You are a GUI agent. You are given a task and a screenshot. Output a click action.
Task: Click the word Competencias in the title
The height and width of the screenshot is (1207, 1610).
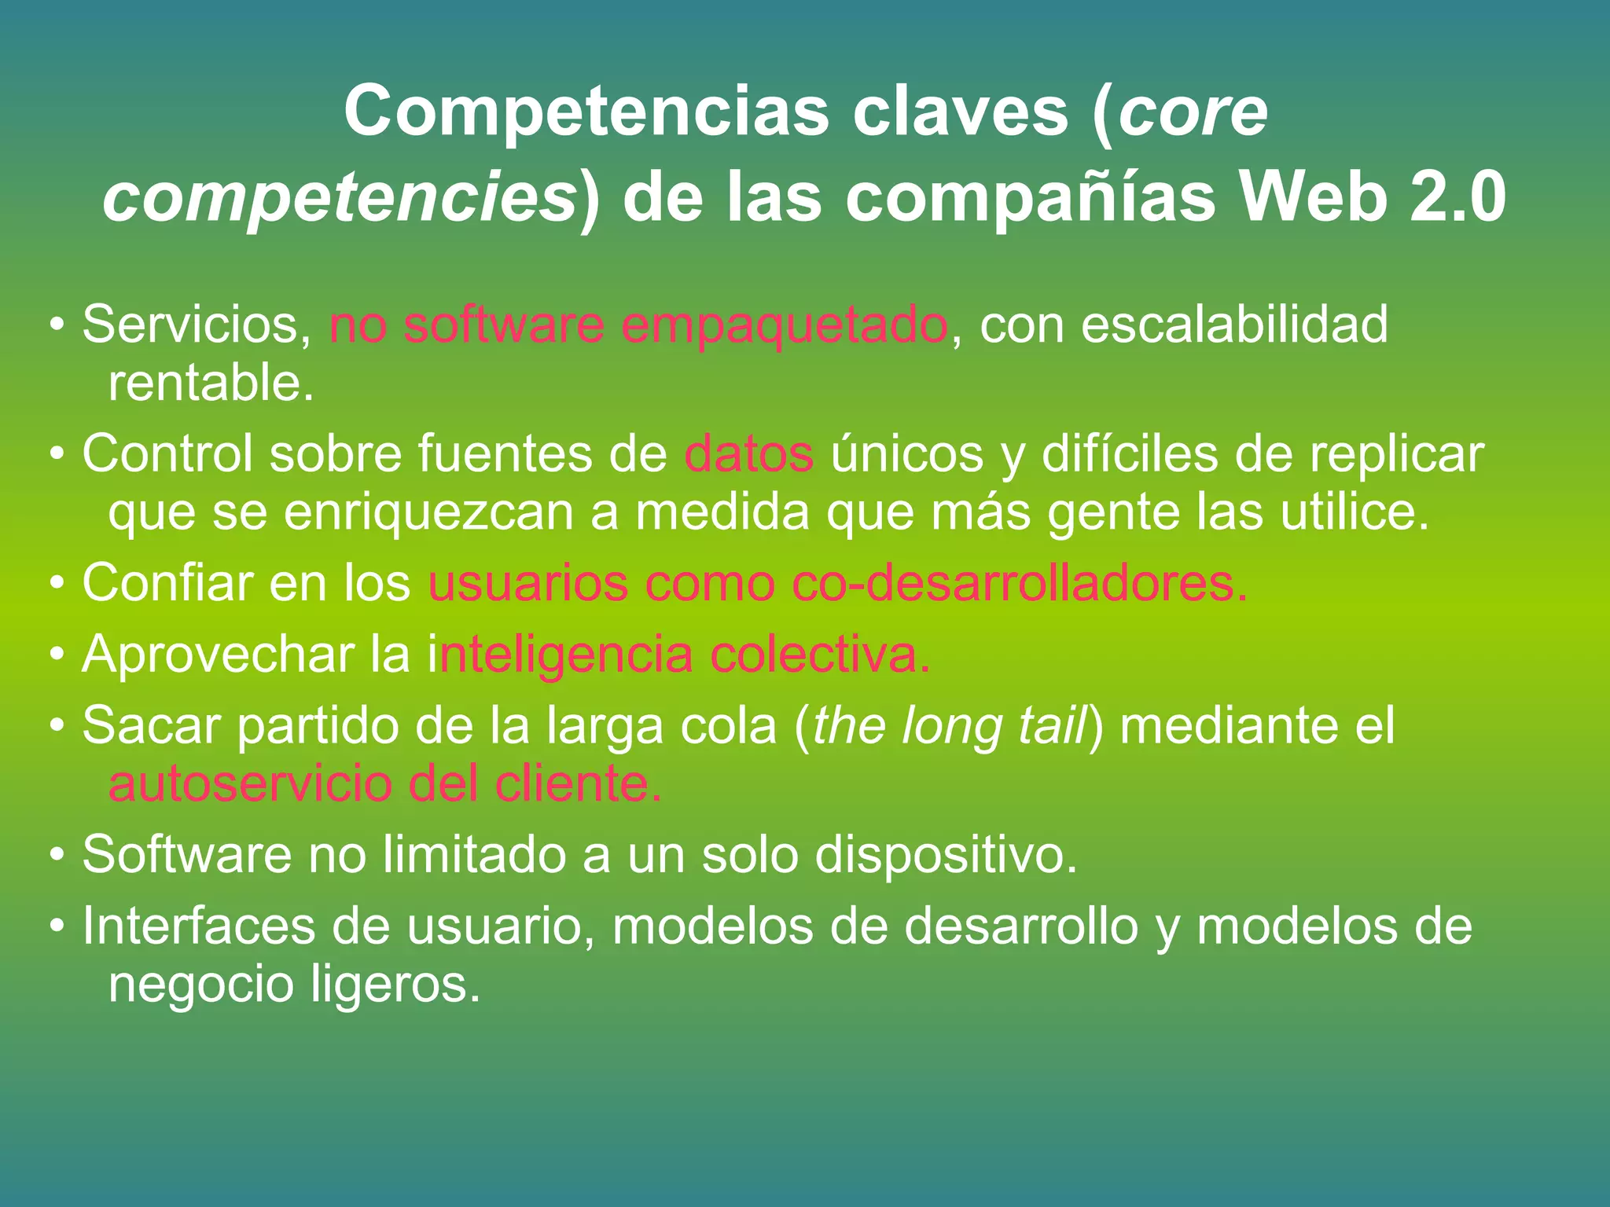click(x=586, y=112)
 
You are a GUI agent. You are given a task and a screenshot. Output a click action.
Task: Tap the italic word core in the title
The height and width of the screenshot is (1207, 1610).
click(x=1193, y=112)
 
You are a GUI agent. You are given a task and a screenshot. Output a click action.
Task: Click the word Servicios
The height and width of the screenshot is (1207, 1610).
click(x=197, y=325)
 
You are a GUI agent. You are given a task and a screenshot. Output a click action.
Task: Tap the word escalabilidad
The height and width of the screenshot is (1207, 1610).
click(x=1234, y=325)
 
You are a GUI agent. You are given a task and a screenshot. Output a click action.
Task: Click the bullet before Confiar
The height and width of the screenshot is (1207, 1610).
click(x=57, y=585)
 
